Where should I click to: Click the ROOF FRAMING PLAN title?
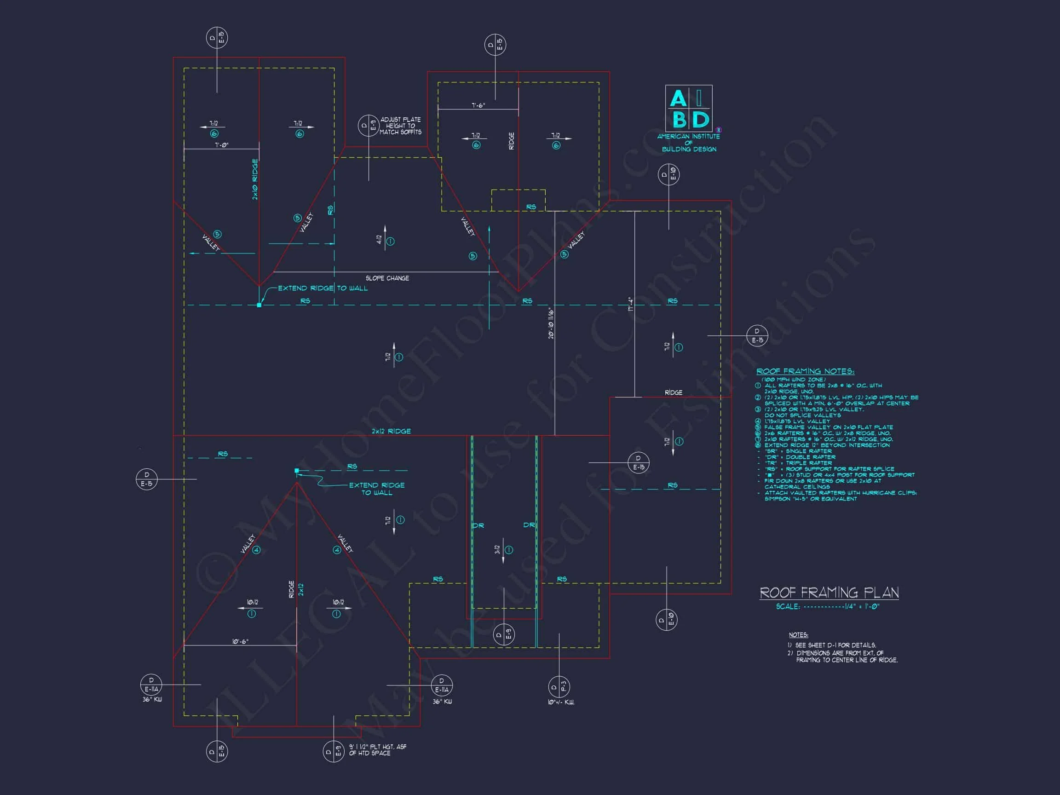coord(829,593)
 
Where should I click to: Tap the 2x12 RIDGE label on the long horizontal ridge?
coord(391,431)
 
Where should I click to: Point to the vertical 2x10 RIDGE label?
coord(255,179)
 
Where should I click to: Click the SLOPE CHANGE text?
coord(387,278)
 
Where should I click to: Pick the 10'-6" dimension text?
coord(241,641)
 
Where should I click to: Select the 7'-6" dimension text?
coord(478,105)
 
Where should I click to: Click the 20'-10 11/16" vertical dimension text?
coord(551,323)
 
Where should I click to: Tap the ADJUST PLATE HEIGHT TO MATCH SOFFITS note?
coord(401,126)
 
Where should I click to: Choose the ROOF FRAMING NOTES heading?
coord(805,371)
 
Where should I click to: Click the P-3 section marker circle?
coord(559,687)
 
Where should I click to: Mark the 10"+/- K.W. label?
coord(561,702)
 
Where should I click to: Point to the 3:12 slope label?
coord(497,550)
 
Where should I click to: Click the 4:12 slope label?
coord(379,240)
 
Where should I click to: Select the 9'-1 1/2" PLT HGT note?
coord(378,750)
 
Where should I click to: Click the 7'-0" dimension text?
coord(221,145)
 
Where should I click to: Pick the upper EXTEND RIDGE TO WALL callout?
coord(323,288)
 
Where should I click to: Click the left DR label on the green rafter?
coord(478,526)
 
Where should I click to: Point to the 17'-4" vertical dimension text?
coord(631,305)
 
